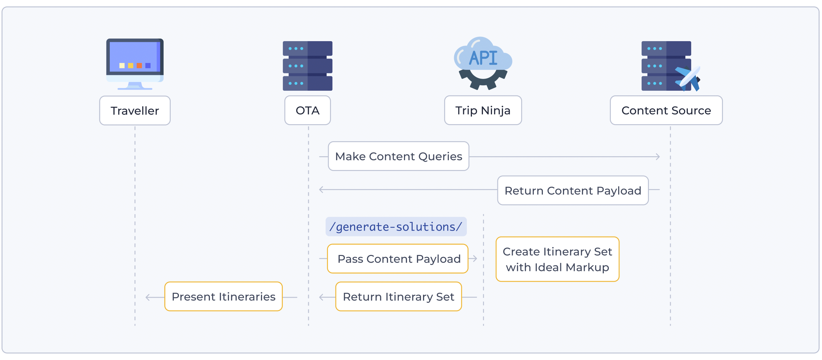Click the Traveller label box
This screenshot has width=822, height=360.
click(135, 111)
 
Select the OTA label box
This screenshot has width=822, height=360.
click(308, 110)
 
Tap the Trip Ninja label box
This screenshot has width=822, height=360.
click(483, 110)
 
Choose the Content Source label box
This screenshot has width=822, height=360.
click(666, 110)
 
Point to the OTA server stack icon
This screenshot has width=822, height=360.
click(308, 66)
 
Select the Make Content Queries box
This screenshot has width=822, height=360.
click(399, 156)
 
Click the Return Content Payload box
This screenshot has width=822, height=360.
click(573, 190)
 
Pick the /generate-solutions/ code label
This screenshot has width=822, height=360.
click(396, 227)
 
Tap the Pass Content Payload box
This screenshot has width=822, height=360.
click(398, 259)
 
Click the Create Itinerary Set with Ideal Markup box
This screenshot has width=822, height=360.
click(557, 259)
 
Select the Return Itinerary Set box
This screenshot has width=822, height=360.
click(399, 297)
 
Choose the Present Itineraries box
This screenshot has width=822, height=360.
click(224, 297)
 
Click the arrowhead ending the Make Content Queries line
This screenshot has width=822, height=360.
click(658, 157)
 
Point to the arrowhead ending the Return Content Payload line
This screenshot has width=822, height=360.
click(321, 190)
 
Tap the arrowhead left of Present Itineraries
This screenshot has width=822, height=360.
click(148, 297)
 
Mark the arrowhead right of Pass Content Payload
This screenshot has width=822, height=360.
click(475, 258)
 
